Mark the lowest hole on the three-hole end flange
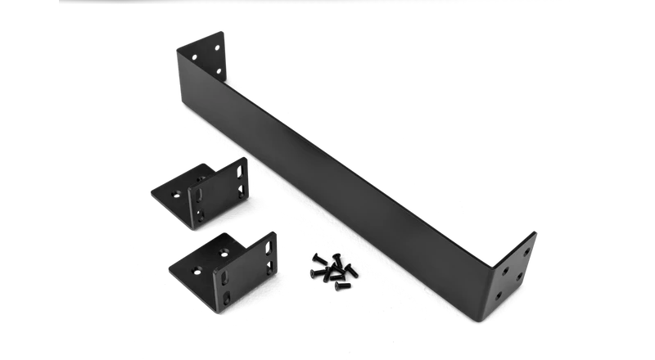(219, 71)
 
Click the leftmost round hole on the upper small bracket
(176, 193)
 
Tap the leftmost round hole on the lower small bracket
(197, 269)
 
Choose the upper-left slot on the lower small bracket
(224, 277)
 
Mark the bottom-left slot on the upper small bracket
(201, 214)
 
